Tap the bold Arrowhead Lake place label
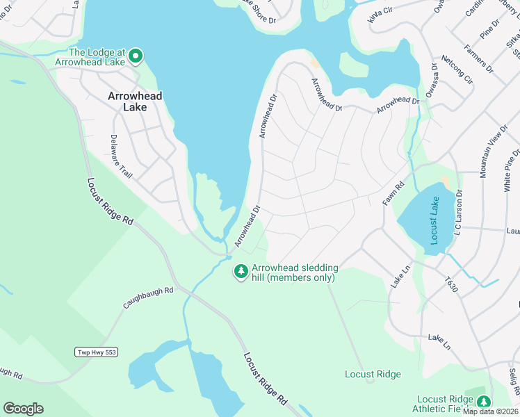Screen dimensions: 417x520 136,102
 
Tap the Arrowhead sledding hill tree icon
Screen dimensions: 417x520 241,272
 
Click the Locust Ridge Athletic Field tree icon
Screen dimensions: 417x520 483,402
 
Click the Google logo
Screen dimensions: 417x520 24,409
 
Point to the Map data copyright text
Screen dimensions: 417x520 491,411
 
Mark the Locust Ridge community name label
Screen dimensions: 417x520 373,375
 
